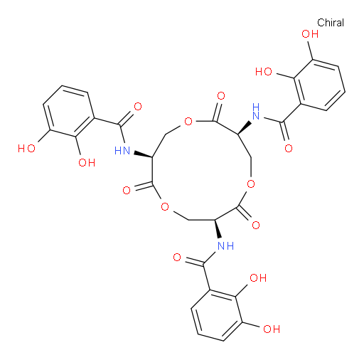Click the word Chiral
coord(331,23)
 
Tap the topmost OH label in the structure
coord(310,34)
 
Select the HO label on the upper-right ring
coord(264,71)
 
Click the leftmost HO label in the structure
coord(26,149)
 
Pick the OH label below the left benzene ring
coord(87,163)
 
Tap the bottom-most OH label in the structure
coord(272,329)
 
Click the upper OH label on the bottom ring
coord(258,277)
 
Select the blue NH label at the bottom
coord(225,246)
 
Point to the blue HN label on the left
coord(122,151)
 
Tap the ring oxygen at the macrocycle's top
coord(188,122)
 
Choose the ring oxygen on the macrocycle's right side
coord(251,184)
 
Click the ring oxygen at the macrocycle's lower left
coord(165,206)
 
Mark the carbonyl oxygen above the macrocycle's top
coord(221,96)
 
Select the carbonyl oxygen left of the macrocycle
coord(127,190)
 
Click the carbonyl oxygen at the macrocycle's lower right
coord(256,225)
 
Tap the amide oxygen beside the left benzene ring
coord(138,107)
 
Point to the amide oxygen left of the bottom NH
coord(177,258)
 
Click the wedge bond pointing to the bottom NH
coord(218,228)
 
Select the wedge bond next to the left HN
coord(143,154)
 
